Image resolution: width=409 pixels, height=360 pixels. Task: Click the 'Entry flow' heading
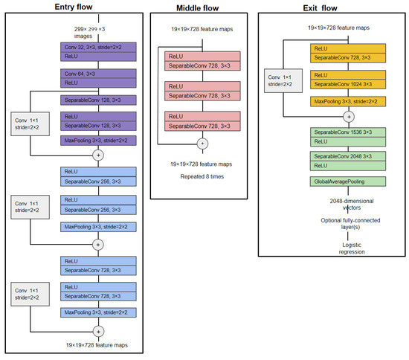pos(74,7)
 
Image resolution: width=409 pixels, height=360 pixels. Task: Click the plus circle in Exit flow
pos(348,117)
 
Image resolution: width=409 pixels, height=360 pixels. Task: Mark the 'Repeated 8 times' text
pos(200,178)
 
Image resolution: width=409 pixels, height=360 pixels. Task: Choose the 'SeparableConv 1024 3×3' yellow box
pos(348,80)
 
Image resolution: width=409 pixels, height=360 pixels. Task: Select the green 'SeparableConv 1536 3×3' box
pos(348,135)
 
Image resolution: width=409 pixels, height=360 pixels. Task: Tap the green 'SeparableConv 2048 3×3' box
pos(348,161)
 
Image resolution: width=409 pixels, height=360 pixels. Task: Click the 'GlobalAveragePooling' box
pos(348,181)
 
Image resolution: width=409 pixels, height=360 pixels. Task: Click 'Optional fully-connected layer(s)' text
pos(348,223)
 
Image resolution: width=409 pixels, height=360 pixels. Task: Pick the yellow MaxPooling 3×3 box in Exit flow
pos(348,100)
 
